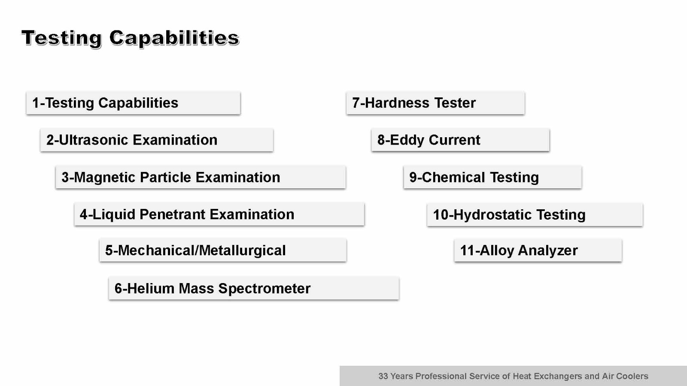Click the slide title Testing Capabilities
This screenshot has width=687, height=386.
[x=131, y=38]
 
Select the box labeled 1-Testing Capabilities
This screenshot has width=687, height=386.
[x=134, y=103]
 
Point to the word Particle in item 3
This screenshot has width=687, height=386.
[x=166, y=178]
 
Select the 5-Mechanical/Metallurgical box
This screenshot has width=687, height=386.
[x=223, y=250]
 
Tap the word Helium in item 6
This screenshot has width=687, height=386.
[x=150, y=288]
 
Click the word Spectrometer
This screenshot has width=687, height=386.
[x=264, y=289]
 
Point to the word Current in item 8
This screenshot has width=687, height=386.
[x=455, y=140]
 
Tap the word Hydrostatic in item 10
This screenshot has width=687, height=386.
[x=492, y=215]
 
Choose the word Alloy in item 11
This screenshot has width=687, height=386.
[x=496, y=251]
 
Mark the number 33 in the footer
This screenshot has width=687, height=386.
[x=383, y=376]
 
